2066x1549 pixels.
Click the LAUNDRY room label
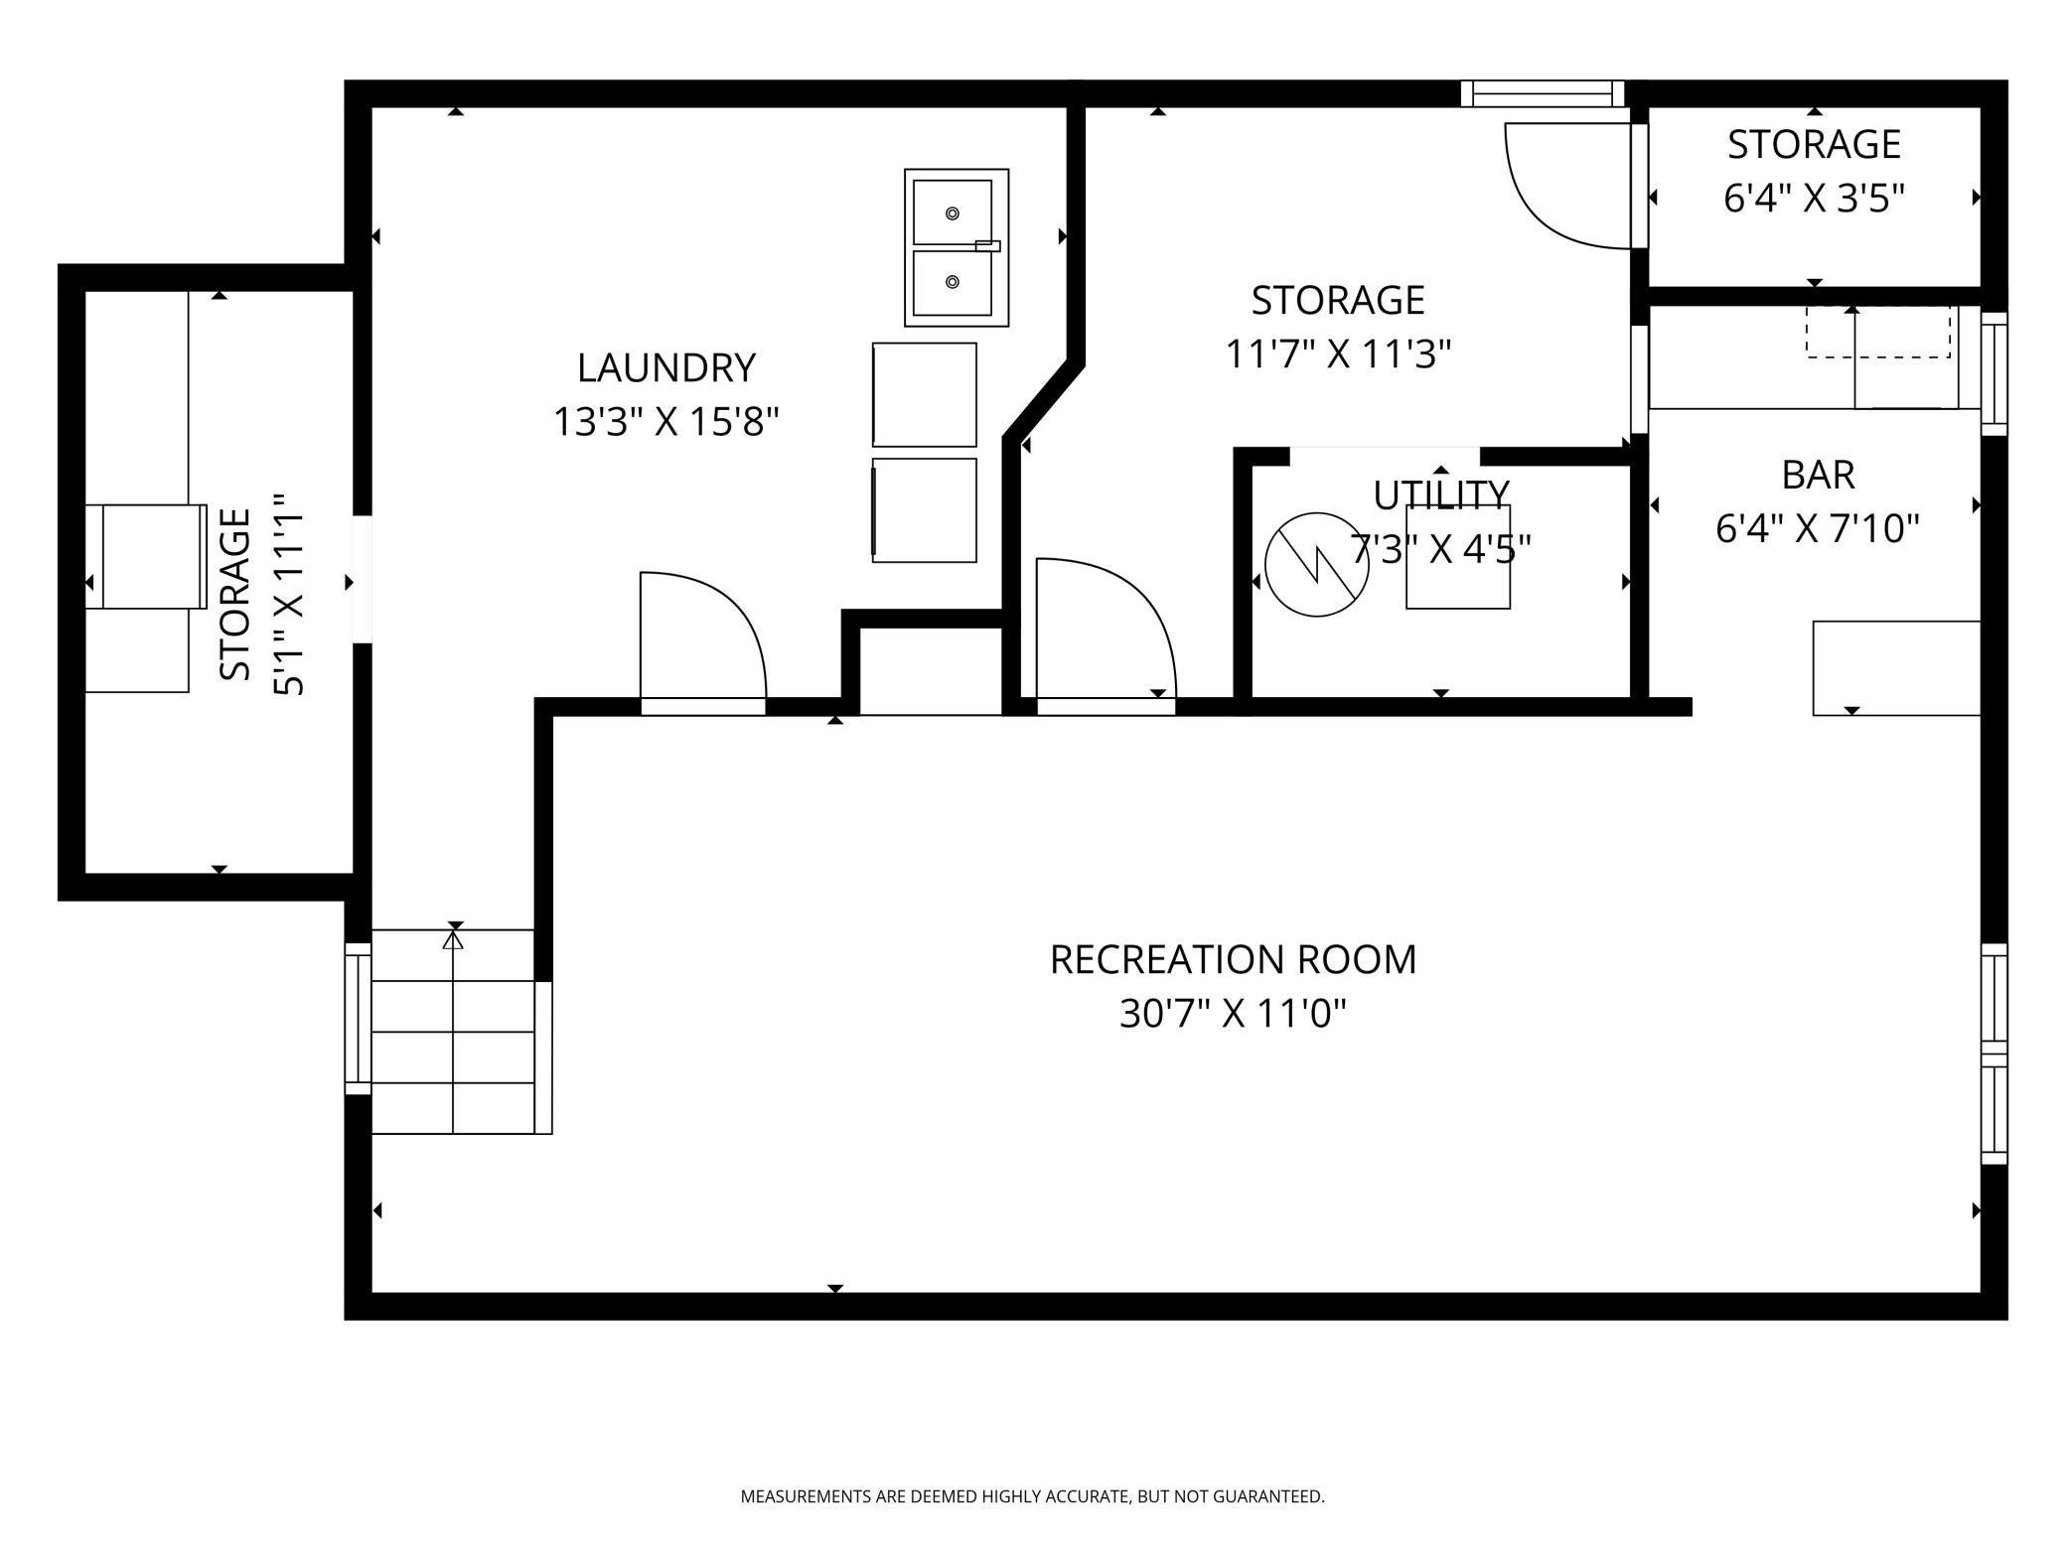665,368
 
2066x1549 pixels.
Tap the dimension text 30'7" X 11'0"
1233,1015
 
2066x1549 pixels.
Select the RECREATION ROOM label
1233,960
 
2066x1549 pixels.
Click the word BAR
1818,476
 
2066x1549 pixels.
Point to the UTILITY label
1440,493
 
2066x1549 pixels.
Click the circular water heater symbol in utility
1316,564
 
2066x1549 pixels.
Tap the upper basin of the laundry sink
953,212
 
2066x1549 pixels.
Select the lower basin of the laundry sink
953,282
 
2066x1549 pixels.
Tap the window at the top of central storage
1542,94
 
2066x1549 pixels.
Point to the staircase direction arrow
454,937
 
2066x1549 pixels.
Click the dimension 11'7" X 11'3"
1338,354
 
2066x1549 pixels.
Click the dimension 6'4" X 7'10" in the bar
1817,529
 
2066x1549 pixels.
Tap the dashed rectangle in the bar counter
1877,332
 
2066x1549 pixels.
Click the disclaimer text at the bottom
1032,1496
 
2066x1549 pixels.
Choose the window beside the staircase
358,1018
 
